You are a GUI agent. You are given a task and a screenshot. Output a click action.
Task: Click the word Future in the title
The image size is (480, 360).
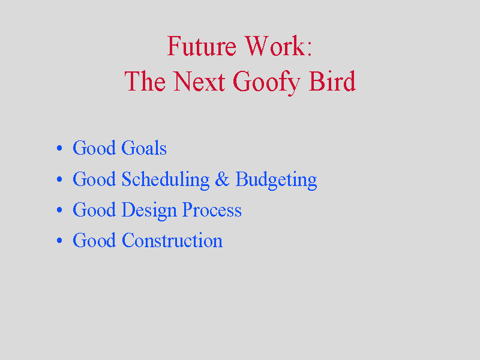click(202, 46)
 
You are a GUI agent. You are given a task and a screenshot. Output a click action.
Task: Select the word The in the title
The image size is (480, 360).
click(145, 81)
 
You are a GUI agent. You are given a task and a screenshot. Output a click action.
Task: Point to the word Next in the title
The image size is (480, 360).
click(199, 81)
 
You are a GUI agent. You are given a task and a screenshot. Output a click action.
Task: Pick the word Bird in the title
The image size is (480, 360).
click(332, 81)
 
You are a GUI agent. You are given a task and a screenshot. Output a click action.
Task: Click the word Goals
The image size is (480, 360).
click(144, 148)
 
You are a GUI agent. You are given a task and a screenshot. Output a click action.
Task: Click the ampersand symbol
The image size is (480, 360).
click(222, 179)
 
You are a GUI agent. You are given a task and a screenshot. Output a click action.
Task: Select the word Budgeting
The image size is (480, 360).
click(276, 181)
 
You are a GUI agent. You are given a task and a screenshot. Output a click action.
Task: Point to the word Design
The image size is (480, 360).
click(149, 211)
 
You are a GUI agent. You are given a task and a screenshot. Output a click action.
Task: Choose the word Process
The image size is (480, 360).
click(212, 209)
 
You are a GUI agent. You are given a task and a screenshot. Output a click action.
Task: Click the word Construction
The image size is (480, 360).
click(172, 241)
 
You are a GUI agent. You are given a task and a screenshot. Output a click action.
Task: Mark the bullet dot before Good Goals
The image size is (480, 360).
click(59, 148)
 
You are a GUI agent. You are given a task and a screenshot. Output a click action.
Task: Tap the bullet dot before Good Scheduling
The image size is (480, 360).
click(59, 179)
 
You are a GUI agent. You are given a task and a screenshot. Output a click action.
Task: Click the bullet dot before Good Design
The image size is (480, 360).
click(59, 210)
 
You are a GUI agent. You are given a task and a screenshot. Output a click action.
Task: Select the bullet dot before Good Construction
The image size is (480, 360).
click(59, 241)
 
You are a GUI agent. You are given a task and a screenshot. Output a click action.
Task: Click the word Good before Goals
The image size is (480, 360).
click(94, 148)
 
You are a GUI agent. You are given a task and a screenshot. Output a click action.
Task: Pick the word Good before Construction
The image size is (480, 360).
click(94, 241)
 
